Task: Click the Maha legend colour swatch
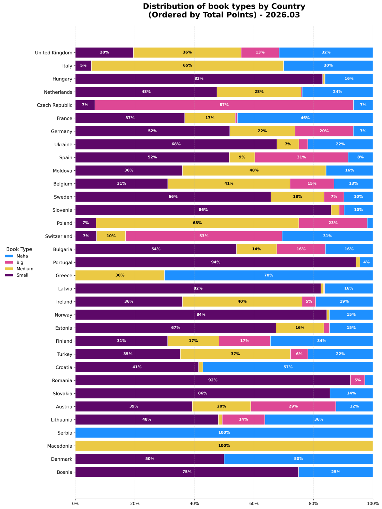[x=10, y=256]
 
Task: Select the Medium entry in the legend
[x=25, y=269]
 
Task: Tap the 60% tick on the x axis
[x=254, y=504]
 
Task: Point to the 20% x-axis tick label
[x=135, y=504]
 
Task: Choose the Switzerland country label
[x=58, y=236]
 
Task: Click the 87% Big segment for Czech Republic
[x=224, y=105]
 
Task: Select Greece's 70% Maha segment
[x=268, y=275]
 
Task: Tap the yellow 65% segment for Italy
[x=187, y=65]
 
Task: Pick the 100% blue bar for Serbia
[x=224, y=433]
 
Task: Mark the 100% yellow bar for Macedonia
[x=224, y=446]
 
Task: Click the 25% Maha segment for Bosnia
[x=336, y=472]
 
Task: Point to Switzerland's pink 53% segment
[x=204, y=236]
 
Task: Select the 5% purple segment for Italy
[x=83, y=65]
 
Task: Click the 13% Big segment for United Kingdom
[x=260, y=52]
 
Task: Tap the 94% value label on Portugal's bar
[x=216, y=262]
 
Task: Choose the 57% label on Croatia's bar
[x=288, y=367]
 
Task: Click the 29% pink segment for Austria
[x=293, y=406]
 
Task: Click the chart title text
[x=224, y=10]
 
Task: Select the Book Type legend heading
[x=19, y=249]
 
